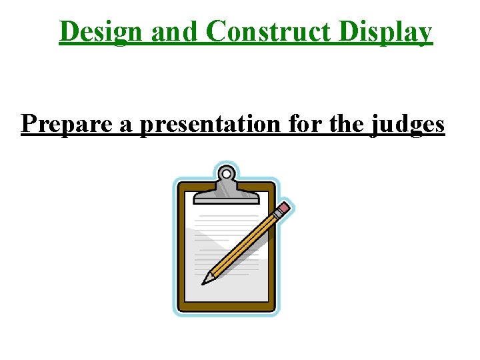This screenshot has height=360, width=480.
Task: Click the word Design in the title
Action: point(101,31)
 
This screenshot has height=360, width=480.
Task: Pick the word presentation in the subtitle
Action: point(205,124)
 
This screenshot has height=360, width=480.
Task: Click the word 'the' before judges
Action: point(341,124)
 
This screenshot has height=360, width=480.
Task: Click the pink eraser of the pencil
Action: point(283,209)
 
